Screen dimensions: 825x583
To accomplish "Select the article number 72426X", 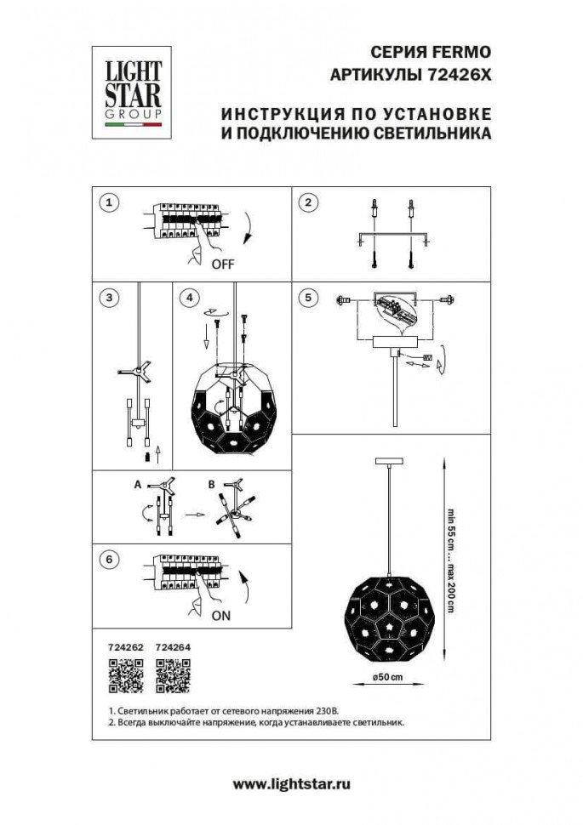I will tap(458, 74).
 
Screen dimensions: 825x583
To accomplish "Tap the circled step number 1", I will tap(107, 202).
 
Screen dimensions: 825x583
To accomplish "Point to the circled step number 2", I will tap(309, 202).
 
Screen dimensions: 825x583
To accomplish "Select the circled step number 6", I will tap(107, 560).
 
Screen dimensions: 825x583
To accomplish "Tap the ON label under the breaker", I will tap(220, 615).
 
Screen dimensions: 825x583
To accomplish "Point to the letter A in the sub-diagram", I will tap(136, 483).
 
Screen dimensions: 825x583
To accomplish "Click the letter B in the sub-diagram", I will tap(210, 483).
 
